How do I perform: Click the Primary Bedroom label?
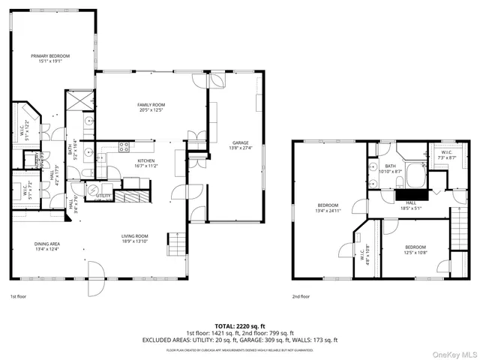pyautogui.click(x=50, y=58)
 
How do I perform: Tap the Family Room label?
pyautogui.click(x=151, y=107)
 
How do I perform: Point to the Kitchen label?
pyautogui.click(x=145, y=164)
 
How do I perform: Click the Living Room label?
pyautogui.click(x=136, y=239)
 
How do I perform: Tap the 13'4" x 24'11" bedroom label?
pyautogui.click(x=328, y=208)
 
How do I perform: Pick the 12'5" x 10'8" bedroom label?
pyautogui.click(x=415, y=250)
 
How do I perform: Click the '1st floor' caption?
pyautogui.click(x=19, y=296)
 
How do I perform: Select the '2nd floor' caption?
pyautogui.click(x=301, y=296)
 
